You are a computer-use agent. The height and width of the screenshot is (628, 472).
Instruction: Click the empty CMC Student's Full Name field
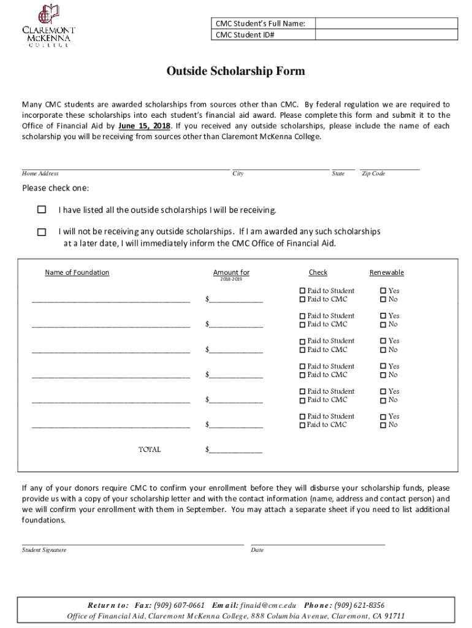tap(386, 24)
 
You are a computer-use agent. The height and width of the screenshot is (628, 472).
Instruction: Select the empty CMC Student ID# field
tap(386, 35)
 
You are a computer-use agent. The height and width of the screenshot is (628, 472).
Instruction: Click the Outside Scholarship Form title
tap(235, 72)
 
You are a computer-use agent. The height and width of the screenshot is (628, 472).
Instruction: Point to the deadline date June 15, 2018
tap(144, 126)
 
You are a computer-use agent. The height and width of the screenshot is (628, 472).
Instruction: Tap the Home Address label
tap(40, 174)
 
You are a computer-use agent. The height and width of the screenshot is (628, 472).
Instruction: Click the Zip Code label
tap(373, 174)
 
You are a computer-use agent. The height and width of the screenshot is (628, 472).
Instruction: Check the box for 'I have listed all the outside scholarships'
tap(42, 210)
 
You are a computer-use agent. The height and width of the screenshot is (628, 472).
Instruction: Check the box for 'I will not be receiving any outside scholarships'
tap(42, 232)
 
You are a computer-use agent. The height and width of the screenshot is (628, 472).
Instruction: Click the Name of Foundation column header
tap(77, 272)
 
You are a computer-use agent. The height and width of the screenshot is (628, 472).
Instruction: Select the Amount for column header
tap(231, 272)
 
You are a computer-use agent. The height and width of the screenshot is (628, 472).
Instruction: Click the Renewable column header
tap(386, 272)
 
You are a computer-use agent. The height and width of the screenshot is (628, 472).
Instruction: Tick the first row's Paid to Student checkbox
tap(302, 291)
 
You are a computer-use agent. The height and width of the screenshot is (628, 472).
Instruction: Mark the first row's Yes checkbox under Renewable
tap(383, 291)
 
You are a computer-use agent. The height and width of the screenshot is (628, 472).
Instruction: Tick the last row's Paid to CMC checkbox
tap(302, 425)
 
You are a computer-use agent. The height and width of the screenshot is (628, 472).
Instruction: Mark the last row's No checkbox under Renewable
tap(383, 425)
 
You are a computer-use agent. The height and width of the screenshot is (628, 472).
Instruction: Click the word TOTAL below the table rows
tap(150, 450)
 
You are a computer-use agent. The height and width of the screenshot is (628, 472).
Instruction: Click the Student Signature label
tap(44, 550)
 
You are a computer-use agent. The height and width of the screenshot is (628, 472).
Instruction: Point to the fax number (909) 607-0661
tap(180, 605)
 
